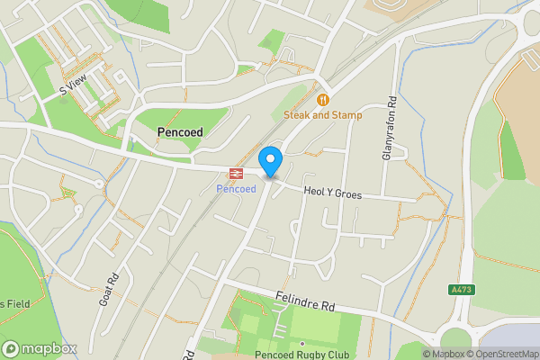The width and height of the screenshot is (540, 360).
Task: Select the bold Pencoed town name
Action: (180, 132)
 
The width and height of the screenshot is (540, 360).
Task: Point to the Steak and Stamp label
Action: (323, 115)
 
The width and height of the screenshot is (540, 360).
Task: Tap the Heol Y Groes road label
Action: (332, 192)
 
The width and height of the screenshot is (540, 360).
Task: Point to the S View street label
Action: (73, 85)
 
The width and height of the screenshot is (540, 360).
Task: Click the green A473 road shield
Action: (460, 290)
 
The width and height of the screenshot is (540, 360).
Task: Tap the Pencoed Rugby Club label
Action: (303, 354)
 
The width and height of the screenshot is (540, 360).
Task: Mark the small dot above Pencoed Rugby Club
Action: (303, 343)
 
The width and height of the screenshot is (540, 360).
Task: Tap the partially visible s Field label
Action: (15, 304)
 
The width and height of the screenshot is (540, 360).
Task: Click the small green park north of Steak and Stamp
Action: (271, 40)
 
